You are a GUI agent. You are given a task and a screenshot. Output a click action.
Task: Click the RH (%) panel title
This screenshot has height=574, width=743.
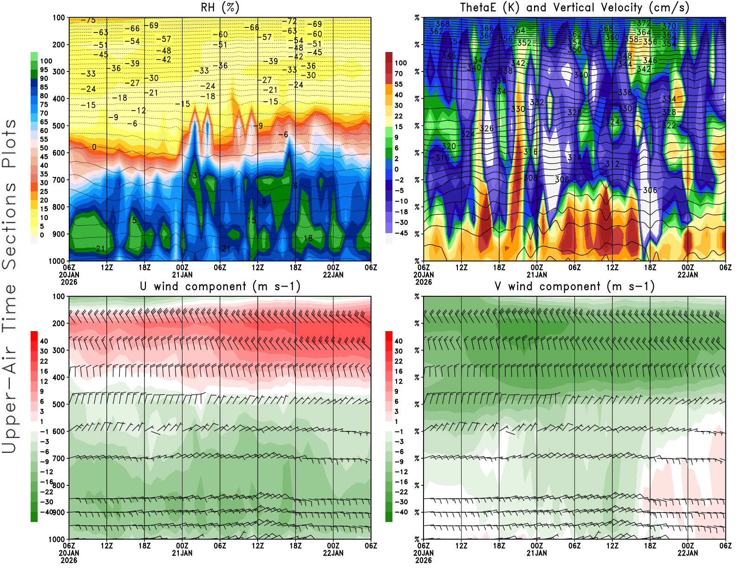click(x=220, y=7)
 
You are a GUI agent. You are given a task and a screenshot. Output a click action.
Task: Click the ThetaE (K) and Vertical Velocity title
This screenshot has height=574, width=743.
click(x=574, y=7)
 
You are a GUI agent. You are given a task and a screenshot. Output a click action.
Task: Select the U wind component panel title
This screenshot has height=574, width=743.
click(x=220, y=286)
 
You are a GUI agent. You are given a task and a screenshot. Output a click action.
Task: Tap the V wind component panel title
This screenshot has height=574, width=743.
click(x=574, y=286)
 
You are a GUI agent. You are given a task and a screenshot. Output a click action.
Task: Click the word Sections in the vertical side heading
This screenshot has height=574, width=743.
click(x=9, y=226)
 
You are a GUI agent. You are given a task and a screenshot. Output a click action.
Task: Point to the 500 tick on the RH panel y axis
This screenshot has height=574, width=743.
click(x=59, y=125)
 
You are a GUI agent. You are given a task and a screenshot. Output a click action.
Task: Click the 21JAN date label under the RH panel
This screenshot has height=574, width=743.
click(x=182, y=274)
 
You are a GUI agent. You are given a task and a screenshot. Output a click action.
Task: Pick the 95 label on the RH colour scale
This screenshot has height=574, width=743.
click(x=44, y=70)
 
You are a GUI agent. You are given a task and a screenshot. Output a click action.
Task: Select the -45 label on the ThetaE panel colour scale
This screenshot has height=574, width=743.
click(x=401, y=233)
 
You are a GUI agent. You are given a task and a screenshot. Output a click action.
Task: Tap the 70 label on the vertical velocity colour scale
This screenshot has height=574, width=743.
click(x=398, y=73)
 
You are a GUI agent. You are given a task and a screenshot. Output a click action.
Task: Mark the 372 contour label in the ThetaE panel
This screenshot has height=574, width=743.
click(x=644, y=23)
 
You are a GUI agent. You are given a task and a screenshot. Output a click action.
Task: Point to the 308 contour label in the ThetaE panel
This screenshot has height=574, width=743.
click(x=530, y=178)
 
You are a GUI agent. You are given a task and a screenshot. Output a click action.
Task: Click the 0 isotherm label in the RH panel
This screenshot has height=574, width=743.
click(x=94, y=147)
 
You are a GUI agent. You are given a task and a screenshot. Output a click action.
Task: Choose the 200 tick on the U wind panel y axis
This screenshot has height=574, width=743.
click(x=59, y=323)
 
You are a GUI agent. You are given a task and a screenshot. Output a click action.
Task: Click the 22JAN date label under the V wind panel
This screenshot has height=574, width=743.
click(x=688, y=553)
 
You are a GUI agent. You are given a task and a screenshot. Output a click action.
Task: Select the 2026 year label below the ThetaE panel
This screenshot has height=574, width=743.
click(x=424, y=282)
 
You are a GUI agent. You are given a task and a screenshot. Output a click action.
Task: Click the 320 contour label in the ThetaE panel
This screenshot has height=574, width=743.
click(x=449, y=146)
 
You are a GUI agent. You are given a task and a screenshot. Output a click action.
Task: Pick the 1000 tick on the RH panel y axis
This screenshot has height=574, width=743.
click(x=57, y=261)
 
